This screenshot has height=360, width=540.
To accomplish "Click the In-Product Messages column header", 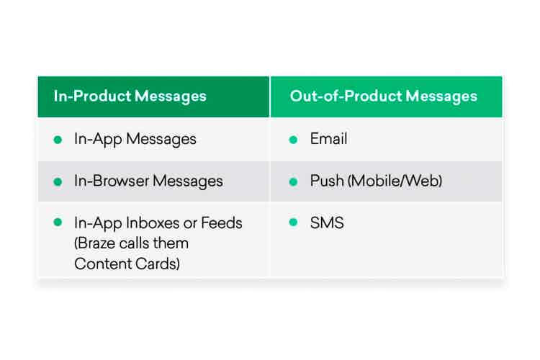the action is coord(130,96).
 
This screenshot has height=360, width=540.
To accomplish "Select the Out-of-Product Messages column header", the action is coord(384,96).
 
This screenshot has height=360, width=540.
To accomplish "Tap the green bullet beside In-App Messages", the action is coord(58,140).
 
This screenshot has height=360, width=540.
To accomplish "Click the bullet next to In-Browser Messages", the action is coord(58,181).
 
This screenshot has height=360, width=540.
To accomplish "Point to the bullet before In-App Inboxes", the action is coord(58,222).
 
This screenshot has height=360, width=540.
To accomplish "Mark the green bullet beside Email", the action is coord(294,140).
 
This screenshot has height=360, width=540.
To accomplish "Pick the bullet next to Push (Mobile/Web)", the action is coord(294,181).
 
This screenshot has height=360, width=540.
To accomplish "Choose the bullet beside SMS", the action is coord(294,222).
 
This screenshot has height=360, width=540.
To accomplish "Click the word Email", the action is coord(328,139).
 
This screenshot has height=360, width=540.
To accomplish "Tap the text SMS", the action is coord(327,222).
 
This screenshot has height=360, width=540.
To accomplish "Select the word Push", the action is coord(327,181).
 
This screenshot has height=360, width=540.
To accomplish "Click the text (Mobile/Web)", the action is coord(395,181).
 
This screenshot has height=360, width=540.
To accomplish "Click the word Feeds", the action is coord(222,223).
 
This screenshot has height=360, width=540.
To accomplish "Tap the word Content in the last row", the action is coord(103,264).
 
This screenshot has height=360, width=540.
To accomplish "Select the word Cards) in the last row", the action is coord(158,264).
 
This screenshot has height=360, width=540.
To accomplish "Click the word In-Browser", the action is coord(112,181).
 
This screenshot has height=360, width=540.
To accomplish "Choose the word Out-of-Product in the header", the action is coord(346,96).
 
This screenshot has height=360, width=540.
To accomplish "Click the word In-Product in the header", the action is coord(92,96).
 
